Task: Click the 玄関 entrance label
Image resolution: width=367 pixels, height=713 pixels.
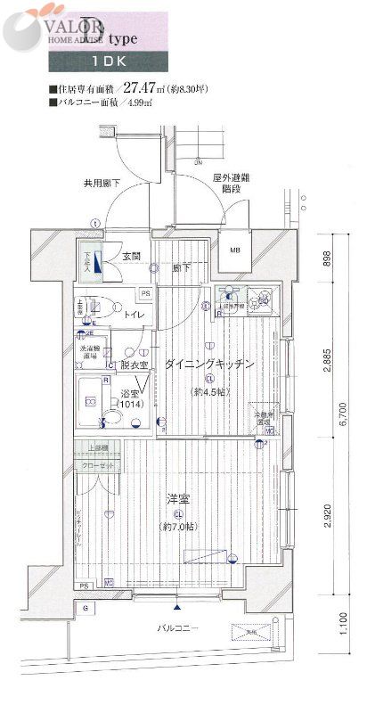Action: click(x=131, y=257)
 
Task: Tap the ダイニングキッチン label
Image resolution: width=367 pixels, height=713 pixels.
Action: click(x=209, y=364)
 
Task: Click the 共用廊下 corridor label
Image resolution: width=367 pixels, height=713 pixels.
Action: click(x=102, y=184)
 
